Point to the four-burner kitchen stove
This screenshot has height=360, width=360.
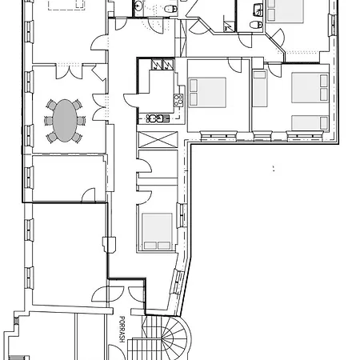point(178,99)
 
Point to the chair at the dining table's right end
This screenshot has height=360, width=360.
point(83,121)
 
